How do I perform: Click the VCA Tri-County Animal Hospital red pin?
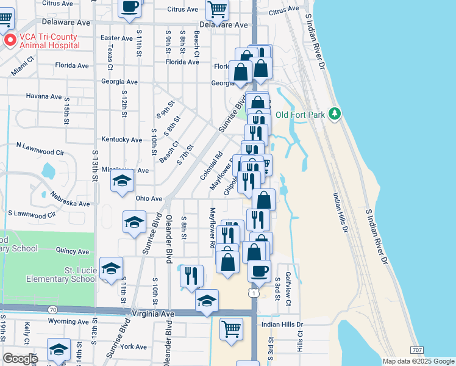10,41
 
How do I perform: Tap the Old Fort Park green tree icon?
334,113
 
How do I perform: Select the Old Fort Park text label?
301,115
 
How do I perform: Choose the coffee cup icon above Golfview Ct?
259,270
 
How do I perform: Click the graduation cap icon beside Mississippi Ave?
122,181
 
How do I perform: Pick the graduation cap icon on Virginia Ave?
207,300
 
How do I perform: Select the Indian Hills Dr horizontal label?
282,325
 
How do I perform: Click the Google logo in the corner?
20,359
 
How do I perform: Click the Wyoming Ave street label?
68,321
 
